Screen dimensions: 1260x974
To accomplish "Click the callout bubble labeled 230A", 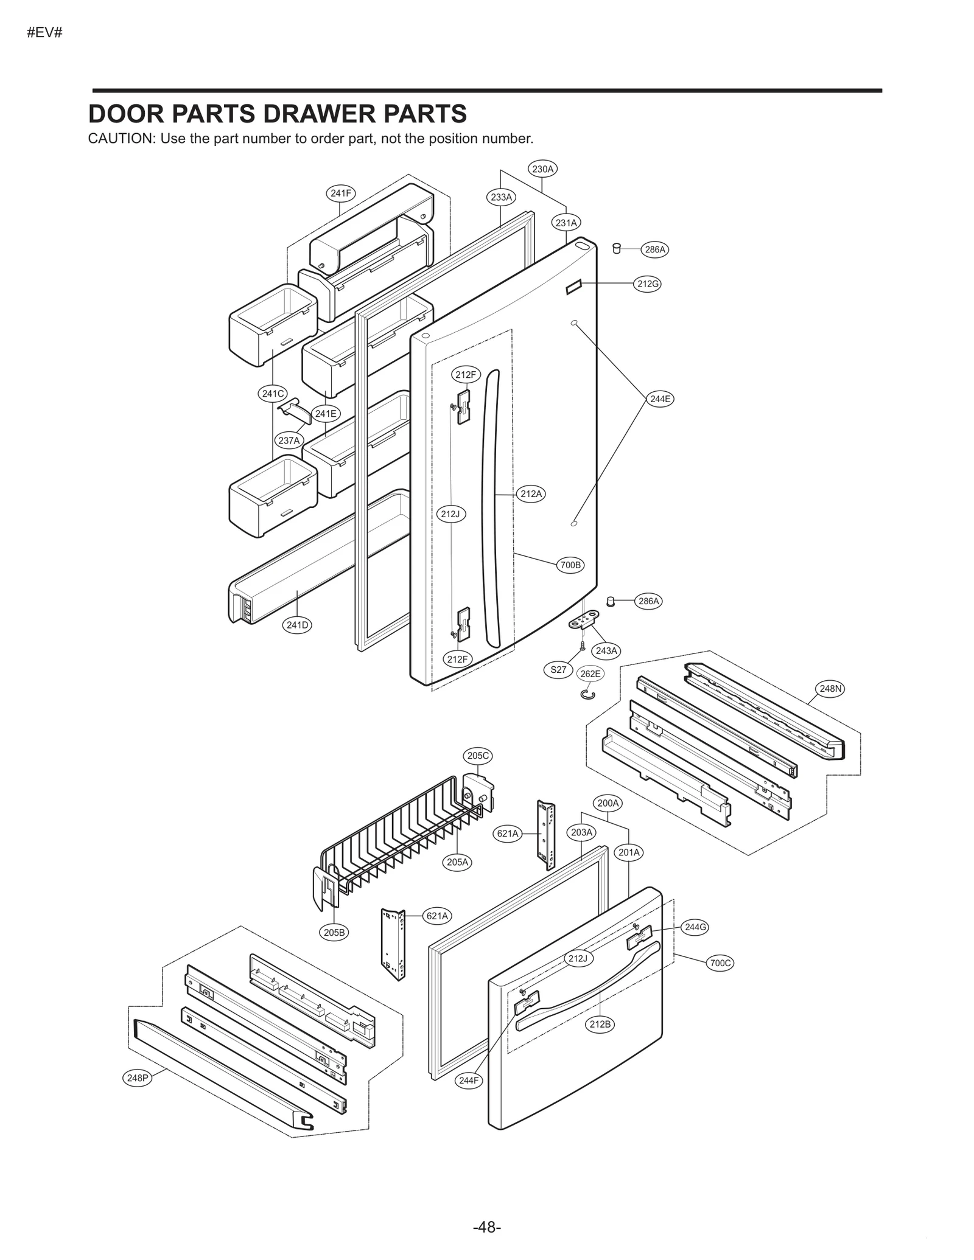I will point(542,169).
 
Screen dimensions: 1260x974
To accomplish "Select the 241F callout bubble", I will point(340,193).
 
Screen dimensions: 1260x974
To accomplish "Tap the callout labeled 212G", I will point(647,284).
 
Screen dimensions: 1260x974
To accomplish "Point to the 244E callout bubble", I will point(660,399).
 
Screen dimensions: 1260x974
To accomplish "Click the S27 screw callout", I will point(558,670).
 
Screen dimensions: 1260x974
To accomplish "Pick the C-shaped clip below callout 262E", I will point(588,694).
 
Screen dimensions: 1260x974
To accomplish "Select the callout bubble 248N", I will point(830,689).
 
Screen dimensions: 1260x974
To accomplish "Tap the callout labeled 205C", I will point(477,756).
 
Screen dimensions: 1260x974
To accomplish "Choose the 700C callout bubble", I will point(720,963).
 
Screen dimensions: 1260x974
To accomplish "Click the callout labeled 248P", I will point(137,1078).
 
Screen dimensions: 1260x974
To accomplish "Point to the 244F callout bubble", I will point(469,1081).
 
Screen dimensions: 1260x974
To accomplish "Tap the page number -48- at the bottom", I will point(486,1227).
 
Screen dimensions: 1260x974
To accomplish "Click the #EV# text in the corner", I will point(44,33).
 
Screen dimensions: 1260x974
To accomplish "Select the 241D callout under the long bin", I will point(298,625).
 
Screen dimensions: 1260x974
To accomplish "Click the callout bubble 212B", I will point(600,1024).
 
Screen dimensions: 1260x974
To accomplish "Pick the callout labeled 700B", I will point(570,565).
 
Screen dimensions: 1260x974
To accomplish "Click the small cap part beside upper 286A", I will point(616,248).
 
